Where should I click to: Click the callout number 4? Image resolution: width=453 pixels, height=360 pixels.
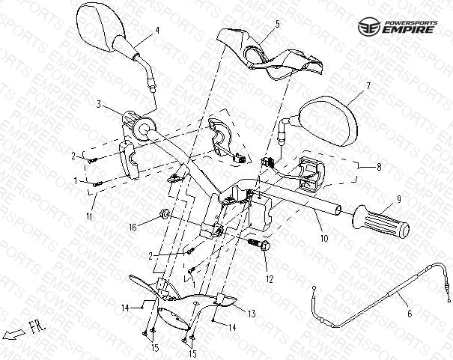[x=157, y=31]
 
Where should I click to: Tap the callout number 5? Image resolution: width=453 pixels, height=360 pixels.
[x=277, y=24]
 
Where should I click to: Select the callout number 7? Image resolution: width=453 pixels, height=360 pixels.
[x=368, y=86]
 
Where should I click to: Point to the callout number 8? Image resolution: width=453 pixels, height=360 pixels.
[x=379, y=167]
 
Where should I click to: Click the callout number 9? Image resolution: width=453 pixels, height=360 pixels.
[x=399, y=199]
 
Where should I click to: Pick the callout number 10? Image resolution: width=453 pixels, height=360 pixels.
[x=324, y=239]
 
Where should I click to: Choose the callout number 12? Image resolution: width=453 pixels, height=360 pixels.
[x=270, y=279]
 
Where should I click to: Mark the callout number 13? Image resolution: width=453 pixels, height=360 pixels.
[x=252, y=314]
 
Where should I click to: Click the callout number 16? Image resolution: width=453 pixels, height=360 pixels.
[x=133, y=228]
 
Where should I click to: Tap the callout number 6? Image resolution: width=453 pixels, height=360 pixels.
[x=410, y=314]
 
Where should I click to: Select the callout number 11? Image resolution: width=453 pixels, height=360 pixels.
[x=90, y=216]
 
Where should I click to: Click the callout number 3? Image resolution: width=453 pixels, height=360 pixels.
[x=99, y=104]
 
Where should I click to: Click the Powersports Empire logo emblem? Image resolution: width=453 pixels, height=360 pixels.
[x=369, y=27]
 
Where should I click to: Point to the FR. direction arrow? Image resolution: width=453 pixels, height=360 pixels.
[x=13, y=334]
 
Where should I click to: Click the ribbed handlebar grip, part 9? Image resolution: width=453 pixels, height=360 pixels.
[x=381, y=222]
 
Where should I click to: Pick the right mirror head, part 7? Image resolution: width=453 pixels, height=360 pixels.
[x=329, y=121]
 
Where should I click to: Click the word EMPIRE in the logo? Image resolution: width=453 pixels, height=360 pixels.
[x=408, y=30]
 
